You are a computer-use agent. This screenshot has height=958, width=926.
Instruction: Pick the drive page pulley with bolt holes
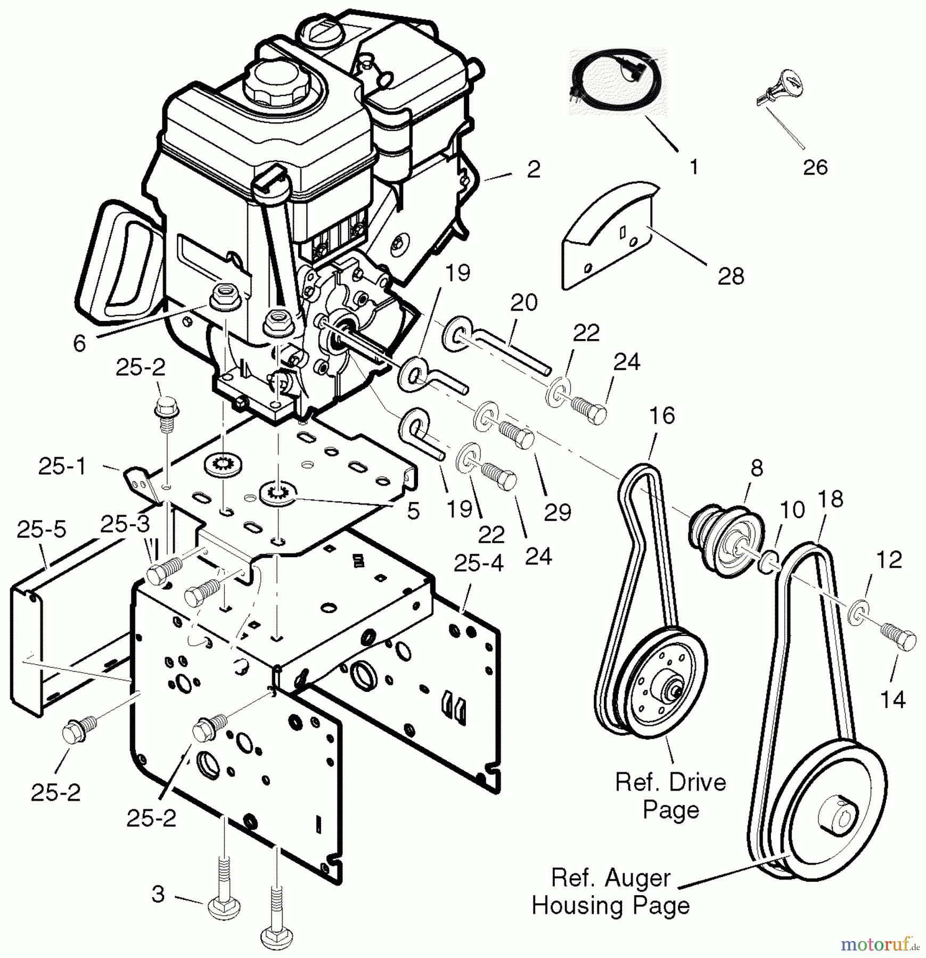coord(660,687)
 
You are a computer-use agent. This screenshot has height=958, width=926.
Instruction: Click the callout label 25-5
coord(42,530)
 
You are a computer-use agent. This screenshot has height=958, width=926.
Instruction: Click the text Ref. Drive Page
coord(670,796)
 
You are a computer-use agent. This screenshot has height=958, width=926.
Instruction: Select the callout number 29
coord(558,511)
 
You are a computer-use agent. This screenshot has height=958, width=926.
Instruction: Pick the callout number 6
coord(79,343)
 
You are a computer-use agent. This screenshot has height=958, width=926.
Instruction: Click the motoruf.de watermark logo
coord(879,945)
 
